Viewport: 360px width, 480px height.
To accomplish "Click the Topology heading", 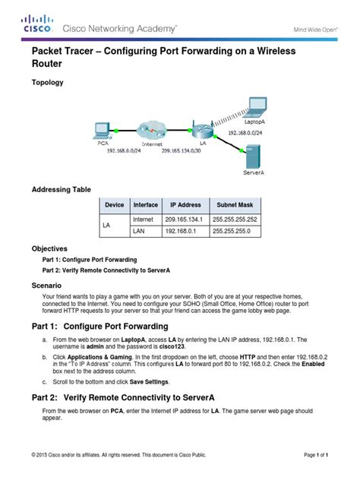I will [x=48, y=82].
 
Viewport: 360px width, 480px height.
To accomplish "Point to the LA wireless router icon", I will [x=201, y=130].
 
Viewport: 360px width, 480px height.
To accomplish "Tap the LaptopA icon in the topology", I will [x=254, y=107].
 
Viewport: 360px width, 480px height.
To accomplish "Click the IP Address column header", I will [x=185, y=205].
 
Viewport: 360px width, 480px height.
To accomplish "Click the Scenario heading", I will [x=48, y=285].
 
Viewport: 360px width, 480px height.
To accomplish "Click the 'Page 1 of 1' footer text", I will [x=316, y=454].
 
